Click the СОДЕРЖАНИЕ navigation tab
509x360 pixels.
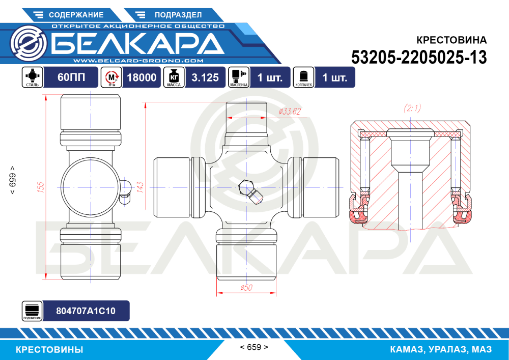pyautogui.click(x=69, y=15)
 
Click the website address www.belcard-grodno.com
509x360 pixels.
pyautogui.click(x=138, y=61)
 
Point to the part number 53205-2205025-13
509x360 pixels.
pyautogui.click(x=419, y=58)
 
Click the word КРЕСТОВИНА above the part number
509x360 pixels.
pyautogui.click(x=451, y=40)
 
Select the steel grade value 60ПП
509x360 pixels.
pyautogui.click(x=71, y=77)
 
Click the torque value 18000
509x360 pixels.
pyautogui.click(x=141, y=77)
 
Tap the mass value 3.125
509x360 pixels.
pyautogui.click(x=205, y=77)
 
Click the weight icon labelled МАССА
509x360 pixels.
pyautogui.click(x=174, y=77)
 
